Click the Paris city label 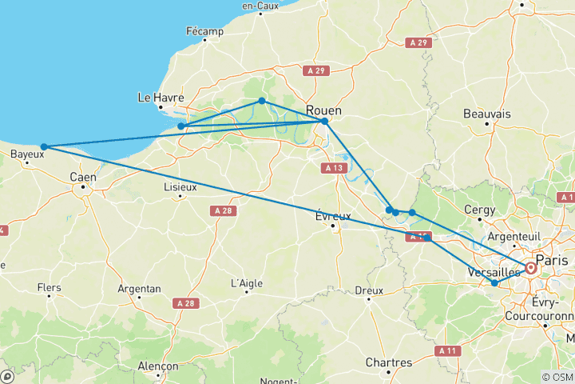click(554, 260)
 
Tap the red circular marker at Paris click(530, 269)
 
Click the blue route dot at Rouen click(324, 122)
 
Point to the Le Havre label click(161, 98)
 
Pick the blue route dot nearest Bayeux click(45, 147)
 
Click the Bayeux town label click(27, 154)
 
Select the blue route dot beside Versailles click(494, 283)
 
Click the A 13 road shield click(334, 168)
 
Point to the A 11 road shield click(448, 350)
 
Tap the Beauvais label click(486, 114)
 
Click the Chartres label click(388, 362)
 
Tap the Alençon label click(157, 366)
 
